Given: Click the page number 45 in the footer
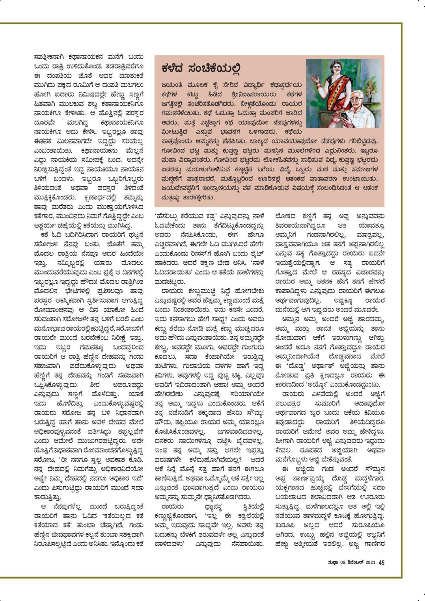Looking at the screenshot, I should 381,562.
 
